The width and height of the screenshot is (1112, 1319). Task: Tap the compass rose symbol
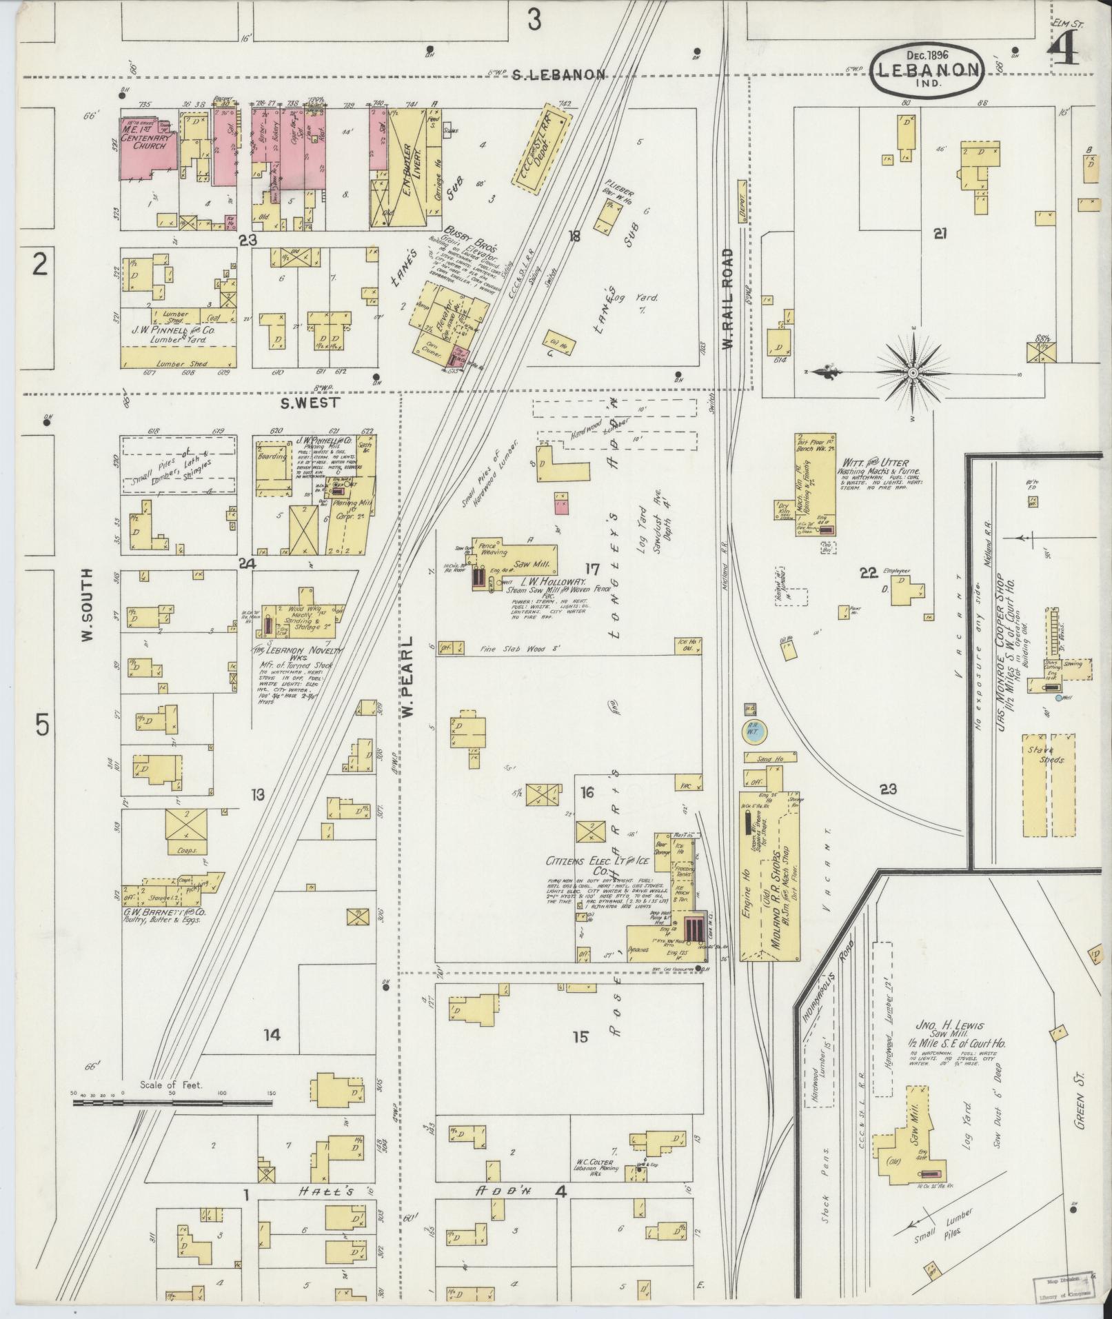912,373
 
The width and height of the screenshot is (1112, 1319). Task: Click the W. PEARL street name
408,676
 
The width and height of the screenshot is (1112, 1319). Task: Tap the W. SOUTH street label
88,606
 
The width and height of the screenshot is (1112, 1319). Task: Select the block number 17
592,569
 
